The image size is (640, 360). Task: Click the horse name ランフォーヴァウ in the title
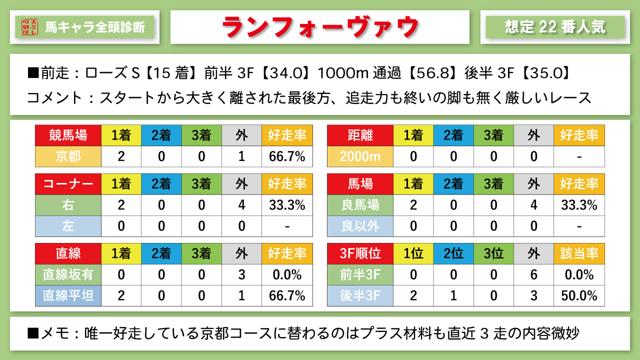click(319, 27)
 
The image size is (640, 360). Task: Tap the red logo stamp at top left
click(29, 27)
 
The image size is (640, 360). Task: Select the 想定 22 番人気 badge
click(555, 27)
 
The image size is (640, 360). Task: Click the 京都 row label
click(68, 156)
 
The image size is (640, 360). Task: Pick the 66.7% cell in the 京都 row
click(287, 156)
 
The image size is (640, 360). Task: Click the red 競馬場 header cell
click(68, 135)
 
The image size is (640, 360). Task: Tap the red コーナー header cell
click(68, 184)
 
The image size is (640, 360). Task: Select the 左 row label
click(68, 226)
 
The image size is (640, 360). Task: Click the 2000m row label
click(360, 156)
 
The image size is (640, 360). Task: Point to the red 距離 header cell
click(360, 135)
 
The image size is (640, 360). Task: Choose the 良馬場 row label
click(360, 205)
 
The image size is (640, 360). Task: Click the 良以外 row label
click(360, 226)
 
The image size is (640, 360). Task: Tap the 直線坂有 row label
click(68, 274)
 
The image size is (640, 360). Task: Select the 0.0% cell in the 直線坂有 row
click(287, 274)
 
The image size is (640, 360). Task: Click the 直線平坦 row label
click(68, 295)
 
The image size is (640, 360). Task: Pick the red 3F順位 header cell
click(360, 253)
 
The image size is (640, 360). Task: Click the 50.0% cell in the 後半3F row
click(579, 295)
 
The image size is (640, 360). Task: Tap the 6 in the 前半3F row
click(534, 274)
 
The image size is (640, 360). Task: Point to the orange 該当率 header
click(579, 253)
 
